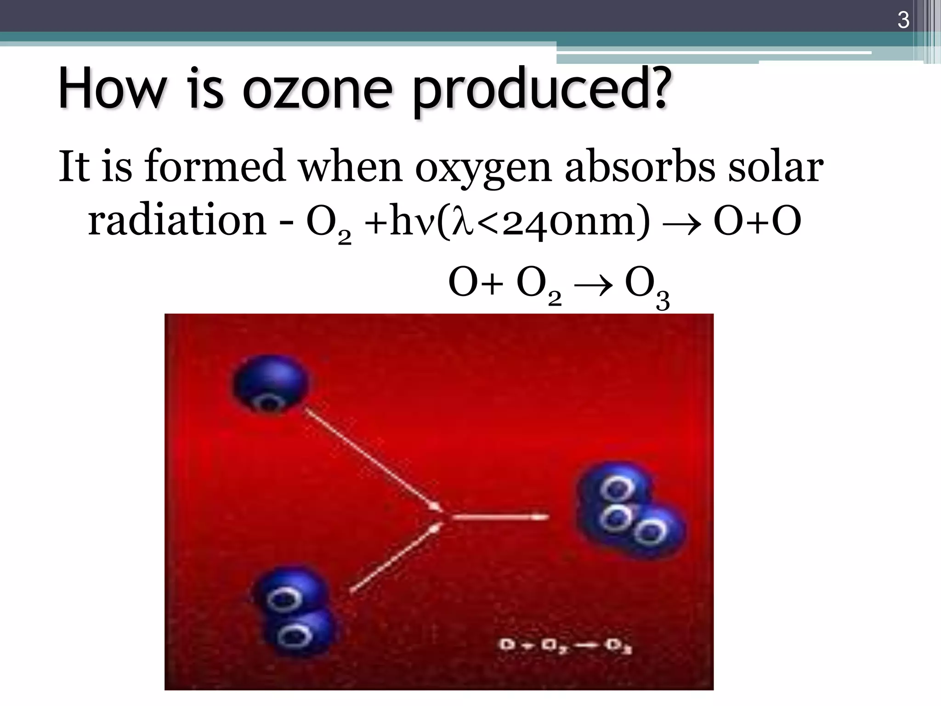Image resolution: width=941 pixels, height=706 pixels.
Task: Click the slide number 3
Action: pos(903,21)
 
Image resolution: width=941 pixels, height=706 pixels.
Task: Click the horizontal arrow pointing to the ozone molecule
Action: pos(500,517)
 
